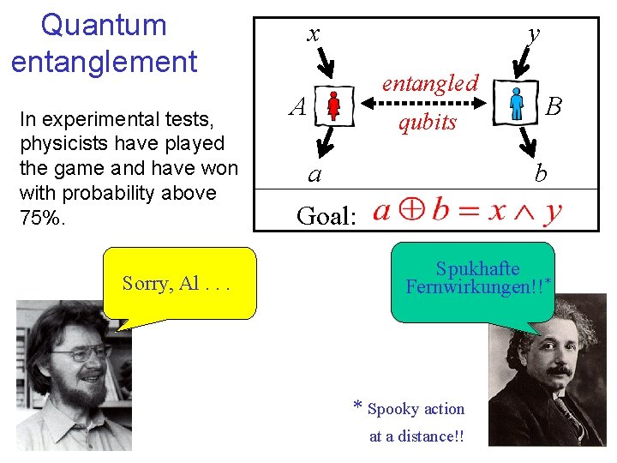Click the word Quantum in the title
(x=104, y=25)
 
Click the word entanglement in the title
(x=104, y=62)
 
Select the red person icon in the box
(x=334, y=106)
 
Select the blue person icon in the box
(x=516, y=105)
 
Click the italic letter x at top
(x=314, y=33)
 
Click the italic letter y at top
(x=534, y=33)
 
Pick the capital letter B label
(x=554, y=106)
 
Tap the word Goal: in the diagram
(x=326, y=215)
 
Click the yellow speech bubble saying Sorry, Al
(x=179, y=284)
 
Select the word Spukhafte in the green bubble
(x=477, y=268)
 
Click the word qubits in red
(x=427, y=123)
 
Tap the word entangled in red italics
(x=429, y=83)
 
